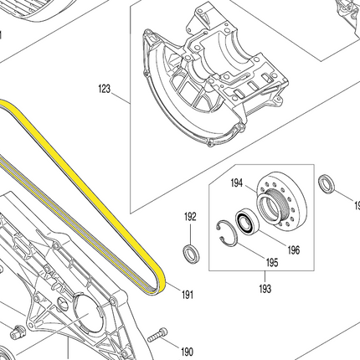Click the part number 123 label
pyautogui.click(x=105, y=89)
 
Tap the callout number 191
pyautogui.click(x=188, y=295)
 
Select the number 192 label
pyautogui.click(x=190, y=217)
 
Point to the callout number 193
pyautogui.click(x=265, y=288)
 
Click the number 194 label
pyautogui.click(x=237, y=183)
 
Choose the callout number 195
pyautogui.click(x=272, y=263)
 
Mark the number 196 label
pyautogui.click(x=294, y=249)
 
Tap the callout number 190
pyautogui.click(x=187, y=352)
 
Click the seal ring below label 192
pyautogui.click(x=191, y=254)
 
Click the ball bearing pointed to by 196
pyautogui.click(x=248, y=223)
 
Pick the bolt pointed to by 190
pyautogui.click(x=157, y=336)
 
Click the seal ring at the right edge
pyautogui.click(x=327, y=184)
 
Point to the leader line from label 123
pyautogui.click(x=121, y=98)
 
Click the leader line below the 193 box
pyautogui.click(x=265, y=276)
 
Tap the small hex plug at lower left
pyautogui.click(x=18, y=332)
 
